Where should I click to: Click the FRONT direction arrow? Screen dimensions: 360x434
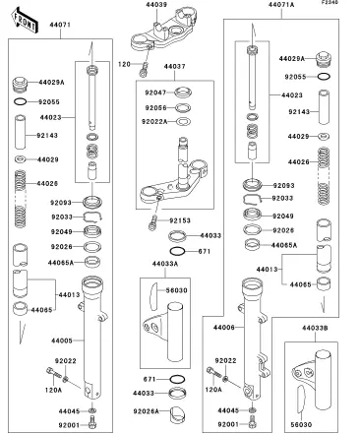click(x=25, y=21)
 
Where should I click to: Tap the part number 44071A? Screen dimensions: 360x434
click(x=281, y=5)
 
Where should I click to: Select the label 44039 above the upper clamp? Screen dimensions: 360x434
click(x=156, y=5)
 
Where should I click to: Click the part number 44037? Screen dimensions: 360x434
click(x=174, y=66)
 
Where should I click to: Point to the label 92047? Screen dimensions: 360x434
click(x=155, y=93)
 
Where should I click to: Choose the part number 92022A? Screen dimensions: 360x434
click(x=154, y=122)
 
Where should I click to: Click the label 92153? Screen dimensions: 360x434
click(x=180, y=220)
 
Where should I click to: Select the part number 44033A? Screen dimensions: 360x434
click(x=165, y=264)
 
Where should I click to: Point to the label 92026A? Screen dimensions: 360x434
click(x=146, y=411)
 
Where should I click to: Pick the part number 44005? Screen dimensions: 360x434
click(x=62, y=341)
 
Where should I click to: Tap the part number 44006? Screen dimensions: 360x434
click(x=224, y=328)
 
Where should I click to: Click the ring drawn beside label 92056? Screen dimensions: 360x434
click(x=183, y=107)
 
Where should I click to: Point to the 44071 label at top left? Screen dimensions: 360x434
click(x=60, y=25)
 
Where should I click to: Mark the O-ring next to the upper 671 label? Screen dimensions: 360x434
click(x=177, y=252)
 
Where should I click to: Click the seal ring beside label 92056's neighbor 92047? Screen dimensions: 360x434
click(x=183, y=93)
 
